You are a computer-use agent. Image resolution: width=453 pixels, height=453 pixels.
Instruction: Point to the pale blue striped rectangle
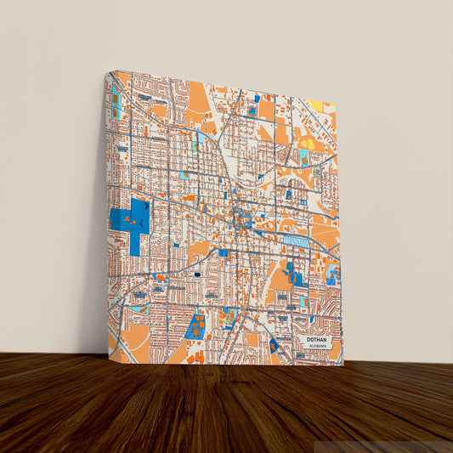click(296, 241)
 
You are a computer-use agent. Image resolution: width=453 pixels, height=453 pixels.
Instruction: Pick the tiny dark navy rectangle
click(197, 275)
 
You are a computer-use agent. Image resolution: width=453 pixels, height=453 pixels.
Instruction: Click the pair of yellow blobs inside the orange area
click(307, 144)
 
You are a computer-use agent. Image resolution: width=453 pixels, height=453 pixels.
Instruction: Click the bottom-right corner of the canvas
click(343, 365)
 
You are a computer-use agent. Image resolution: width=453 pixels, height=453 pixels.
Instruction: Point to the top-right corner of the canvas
click(337, 104)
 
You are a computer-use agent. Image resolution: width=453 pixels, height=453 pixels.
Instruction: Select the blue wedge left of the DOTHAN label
click(274, 345)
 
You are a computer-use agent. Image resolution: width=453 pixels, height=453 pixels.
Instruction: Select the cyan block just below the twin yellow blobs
click(303, 158)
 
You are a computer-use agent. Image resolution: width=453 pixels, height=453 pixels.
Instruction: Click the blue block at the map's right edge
click(331, 276)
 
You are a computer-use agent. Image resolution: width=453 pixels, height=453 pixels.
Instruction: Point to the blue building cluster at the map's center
click(241, 216)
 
